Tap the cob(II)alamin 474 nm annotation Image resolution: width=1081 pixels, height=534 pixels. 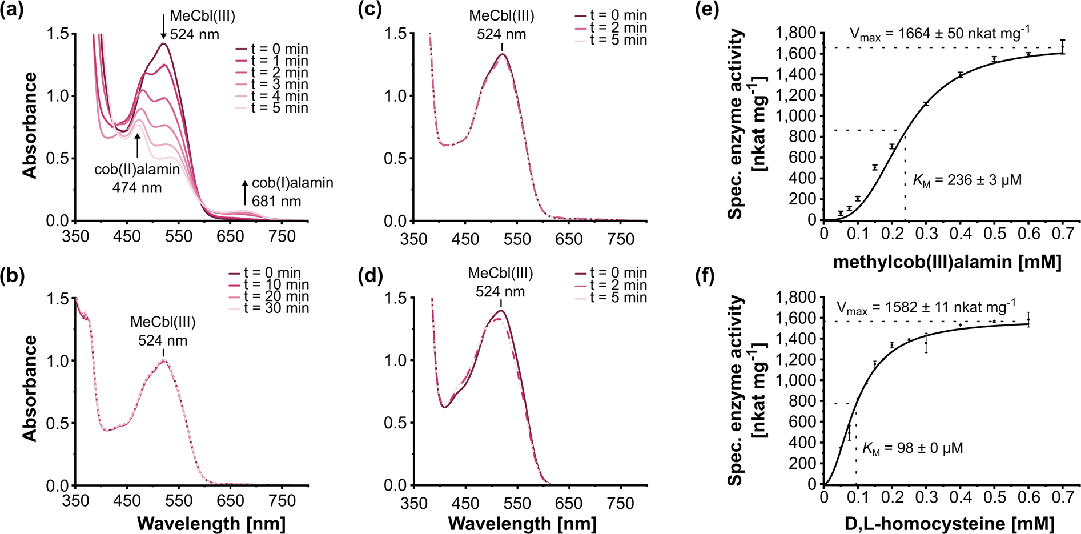point(137,178)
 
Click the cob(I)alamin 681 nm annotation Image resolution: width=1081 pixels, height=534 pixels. point(292,192)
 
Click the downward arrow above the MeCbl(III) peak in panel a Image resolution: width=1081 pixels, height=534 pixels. point(164,26)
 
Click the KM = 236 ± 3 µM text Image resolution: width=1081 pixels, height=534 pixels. point(967,180)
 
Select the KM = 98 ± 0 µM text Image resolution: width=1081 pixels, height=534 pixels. point(912,448)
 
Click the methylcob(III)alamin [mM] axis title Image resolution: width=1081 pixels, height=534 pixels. point(947,262)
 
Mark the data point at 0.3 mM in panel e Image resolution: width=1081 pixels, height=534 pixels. point(926,104)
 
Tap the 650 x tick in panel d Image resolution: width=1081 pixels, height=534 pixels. point(569,503)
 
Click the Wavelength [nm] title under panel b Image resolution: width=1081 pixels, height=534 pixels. point(211,524)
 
